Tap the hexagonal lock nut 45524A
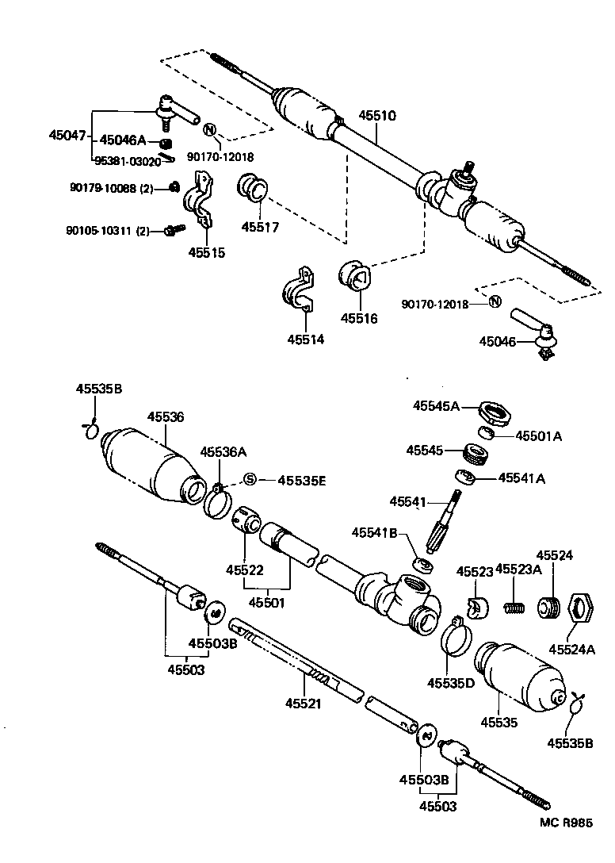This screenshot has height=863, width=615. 583,608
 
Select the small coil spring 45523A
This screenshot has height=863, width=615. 515,608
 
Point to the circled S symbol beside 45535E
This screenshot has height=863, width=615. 250,479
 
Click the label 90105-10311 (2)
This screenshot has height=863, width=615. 109,231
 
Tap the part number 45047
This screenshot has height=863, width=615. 67,136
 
